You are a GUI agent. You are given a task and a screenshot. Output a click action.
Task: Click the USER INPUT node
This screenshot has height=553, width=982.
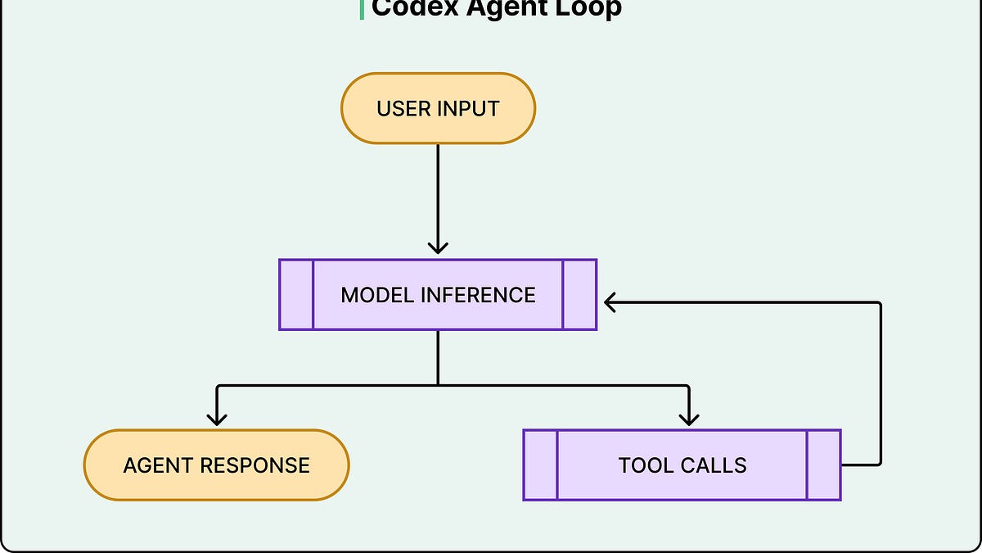pos(438,108)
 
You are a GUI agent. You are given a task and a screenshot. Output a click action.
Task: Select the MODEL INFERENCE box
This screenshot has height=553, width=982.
pos(438,294)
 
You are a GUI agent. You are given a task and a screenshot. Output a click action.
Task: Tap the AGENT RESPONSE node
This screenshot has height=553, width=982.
pos(217,465)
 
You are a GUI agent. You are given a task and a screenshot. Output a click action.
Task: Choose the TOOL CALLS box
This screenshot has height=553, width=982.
pos(682,465)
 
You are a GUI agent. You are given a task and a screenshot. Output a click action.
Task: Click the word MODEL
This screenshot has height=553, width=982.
pos(377,295)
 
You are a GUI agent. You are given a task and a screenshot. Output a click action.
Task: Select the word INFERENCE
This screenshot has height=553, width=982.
pos(478,295)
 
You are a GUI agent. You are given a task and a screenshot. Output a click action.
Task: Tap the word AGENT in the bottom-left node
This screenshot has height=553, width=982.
pos(158,465)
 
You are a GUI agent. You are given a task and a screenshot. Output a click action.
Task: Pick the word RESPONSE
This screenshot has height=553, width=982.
pos(255,465)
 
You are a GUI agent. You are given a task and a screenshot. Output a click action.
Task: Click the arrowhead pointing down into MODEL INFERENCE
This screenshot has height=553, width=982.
pos(438,248)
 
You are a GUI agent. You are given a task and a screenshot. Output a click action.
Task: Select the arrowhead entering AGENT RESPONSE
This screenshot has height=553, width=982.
pos(217,419)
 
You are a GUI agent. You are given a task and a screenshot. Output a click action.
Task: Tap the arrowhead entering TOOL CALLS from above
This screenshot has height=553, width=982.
pos(689,419)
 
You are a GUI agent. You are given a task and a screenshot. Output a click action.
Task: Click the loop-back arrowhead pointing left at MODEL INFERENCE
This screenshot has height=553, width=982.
pos(610,302)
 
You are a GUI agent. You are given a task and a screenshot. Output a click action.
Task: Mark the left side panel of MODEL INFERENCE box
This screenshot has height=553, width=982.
pos(296,294)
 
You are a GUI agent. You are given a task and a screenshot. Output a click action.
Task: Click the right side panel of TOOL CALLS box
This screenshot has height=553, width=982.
pos(824,465)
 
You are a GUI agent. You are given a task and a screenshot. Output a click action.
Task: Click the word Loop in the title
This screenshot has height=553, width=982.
pos(588,8)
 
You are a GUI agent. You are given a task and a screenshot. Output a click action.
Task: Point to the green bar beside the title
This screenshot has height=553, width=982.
pos(362,10)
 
